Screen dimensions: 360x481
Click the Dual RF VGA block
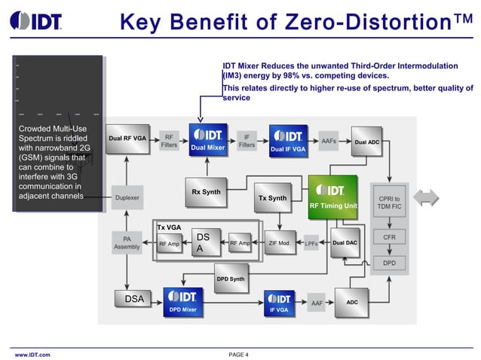(127, 139)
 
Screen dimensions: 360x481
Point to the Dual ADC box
(366, 142)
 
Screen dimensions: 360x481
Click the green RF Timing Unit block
(332, 197)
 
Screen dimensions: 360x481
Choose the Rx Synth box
(207, 192)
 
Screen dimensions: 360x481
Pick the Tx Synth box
(272, 199)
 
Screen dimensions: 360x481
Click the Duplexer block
(127, 198)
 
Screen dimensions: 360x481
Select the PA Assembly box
(126, 243)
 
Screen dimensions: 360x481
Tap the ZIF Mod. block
(279, 243)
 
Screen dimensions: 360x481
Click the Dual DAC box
(345, 243)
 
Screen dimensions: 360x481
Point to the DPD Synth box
(231, 279)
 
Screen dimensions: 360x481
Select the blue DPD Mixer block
(182, 301)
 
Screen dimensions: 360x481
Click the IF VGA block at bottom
(279, 302)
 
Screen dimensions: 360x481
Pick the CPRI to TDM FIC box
(390, 203)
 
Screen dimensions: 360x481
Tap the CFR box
(390, 237)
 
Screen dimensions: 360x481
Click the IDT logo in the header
(37, 20)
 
